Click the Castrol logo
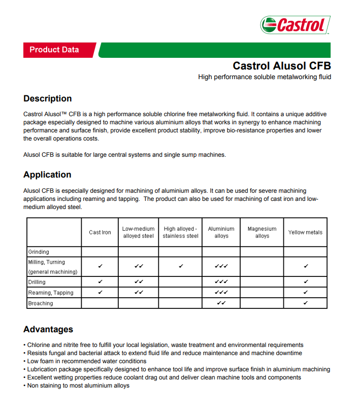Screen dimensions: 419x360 (x=295, y=24)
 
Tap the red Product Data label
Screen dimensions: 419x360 (x=54, y=50)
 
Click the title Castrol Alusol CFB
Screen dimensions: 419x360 (x=281, y=66)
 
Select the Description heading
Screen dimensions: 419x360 (x=48, y=98)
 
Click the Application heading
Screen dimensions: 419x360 (x=47, y=174)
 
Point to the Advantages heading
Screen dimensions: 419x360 (x=48, y=329)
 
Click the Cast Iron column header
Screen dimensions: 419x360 (x=100, y=232)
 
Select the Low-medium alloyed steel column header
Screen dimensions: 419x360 (x=138, y=232)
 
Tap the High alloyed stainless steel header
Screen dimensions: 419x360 (x=180, y=232)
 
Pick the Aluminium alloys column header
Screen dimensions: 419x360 (x=221, y=232)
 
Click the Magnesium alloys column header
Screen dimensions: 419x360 (x=262, y=232)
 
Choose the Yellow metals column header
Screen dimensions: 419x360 (x=305, y=232)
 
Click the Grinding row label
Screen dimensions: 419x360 (x=39, y=252)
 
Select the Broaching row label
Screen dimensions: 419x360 (x=41, y=303)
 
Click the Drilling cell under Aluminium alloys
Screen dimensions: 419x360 (x=221, y=282)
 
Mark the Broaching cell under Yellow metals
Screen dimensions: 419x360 (x=305, y=303)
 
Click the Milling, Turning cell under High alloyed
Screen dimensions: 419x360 (x=180, y=266)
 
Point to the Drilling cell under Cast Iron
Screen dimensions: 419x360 (x=100, y=282)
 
